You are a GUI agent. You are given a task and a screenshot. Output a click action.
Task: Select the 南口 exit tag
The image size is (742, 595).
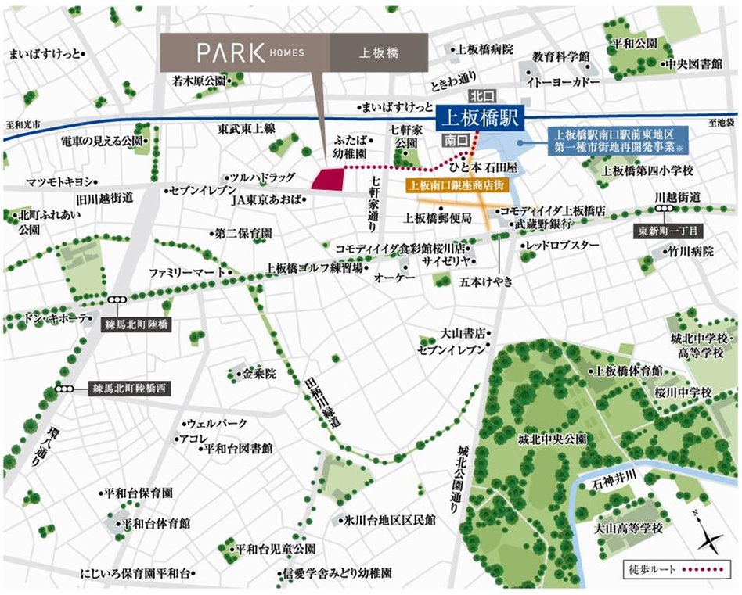coord(455,142)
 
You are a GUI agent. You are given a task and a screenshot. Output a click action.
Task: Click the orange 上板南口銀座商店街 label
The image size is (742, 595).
coord(458,186)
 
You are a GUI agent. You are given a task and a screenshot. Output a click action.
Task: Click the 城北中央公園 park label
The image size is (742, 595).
coord(551,439)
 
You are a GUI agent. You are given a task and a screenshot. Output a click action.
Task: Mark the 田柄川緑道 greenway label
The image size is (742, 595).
coord(320,398)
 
